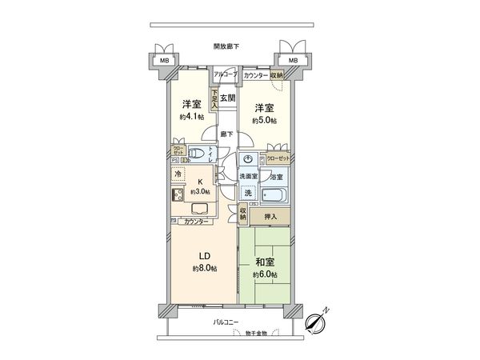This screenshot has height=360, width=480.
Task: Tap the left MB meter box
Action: point(164,61)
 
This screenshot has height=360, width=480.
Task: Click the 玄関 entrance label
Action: point(228,98)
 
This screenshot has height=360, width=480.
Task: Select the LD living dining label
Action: point(204,256)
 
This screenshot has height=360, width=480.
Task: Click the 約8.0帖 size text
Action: point(204,268)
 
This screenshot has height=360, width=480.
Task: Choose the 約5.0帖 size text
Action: point(265,121)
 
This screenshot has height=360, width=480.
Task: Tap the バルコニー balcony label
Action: point(227,322)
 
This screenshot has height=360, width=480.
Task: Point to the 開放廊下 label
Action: point(227,46)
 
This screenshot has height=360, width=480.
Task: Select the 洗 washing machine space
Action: point(248,193)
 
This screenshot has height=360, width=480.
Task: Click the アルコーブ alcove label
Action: point(224,74)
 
